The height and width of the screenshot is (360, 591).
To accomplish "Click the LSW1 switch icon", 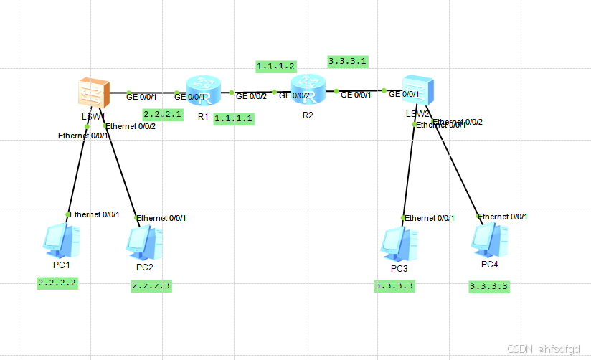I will [x=94, y=93].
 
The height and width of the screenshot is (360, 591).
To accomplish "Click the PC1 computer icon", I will [x=60, y=241].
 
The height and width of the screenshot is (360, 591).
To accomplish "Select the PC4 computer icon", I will [x=490, y=241].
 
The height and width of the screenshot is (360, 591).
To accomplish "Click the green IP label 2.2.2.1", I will [x=162, y=114].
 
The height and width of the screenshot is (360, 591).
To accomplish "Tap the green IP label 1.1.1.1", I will [x=234, y=118].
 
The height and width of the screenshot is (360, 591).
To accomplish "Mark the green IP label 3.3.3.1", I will [x=348, y=62].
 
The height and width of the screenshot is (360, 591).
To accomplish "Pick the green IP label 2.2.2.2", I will [x=57, y=283].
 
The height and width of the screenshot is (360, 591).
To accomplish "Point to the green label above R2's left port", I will [x=276, y=66].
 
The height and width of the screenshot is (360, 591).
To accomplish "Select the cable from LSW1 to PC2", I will [x=122, y=172].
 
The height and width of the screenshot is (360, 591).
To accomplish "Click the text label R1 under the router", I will [x=203, y=115].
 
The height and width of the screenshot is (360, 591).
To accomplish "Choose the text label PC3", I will [x=399, y=268].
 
